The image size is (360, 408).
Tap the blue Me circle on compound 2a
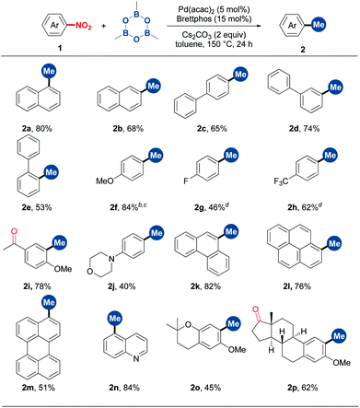click(x=63, y=76)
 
